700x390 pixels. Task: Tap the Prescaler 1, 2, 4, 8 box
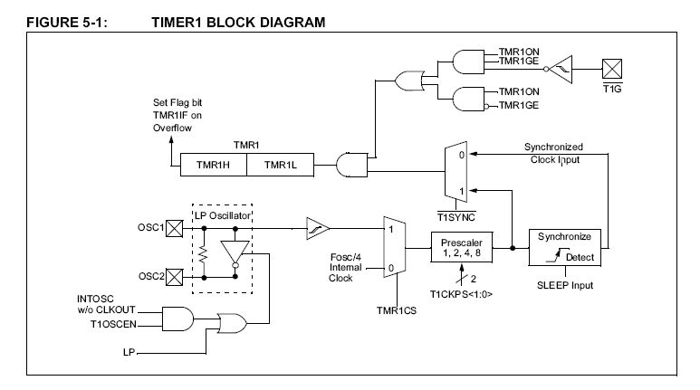pyautogui.click(x=463, y=246)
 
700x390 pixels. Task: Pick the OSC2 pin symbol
pyautogui.click(x=176, y=278)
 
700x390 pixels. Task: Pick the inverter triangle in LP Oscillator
pyautogui.click(x=236, y=252)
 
